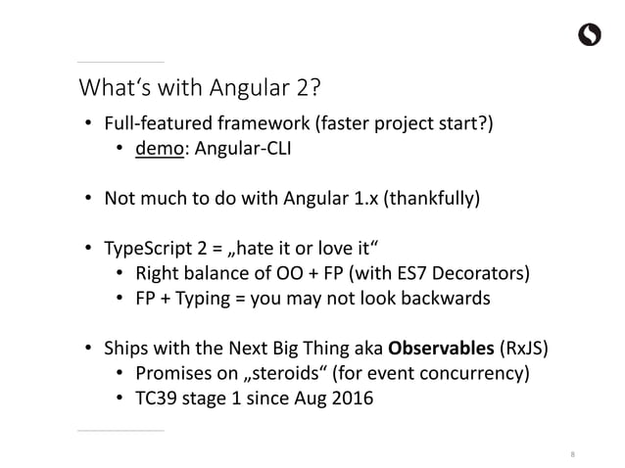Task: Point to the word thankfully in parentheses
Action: pyautogui.click(x=434, y=200)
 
